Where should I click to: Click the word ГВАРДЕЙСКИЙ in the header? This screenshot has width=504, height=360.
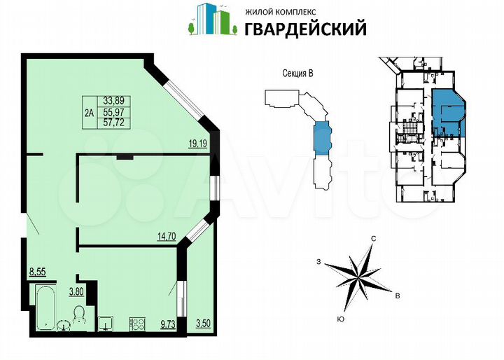coord(305,28)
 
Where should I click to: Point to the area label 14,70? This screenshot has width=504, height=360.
coord(166,237)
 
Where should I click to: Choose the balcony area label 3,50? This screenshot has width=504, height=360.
coord(202,323)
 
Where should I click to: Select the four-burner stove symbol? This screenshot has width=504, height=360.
coord(136,323)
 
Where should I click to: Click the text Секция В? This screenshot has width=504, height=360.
coord(291,77)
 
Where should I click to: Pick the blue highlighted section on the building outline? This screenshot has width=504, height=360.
coord(321,138)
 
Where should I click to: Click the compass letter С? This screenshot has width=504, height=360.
coord(374,240)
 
